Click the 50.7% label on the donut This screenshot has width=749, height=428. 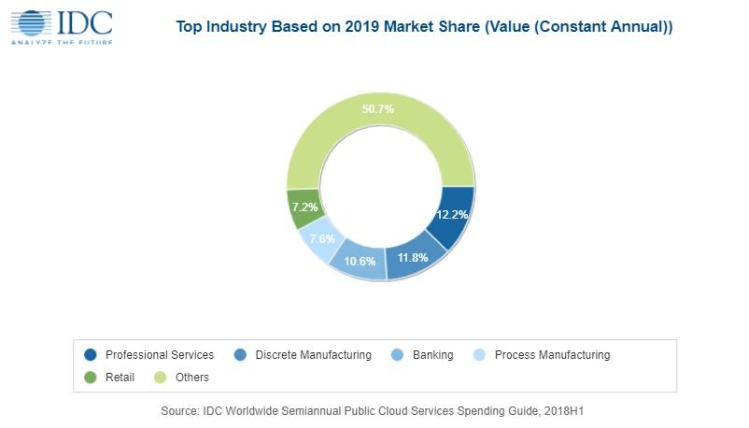(377, 109)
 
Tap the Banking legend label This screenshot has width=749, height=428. (432, 355)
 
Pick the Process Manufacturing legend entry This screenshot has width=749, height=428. (551, 355)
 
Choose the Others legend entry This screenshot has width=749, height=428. (190, 378)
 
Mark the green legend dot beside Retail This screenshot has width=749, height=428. (91, 378)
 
